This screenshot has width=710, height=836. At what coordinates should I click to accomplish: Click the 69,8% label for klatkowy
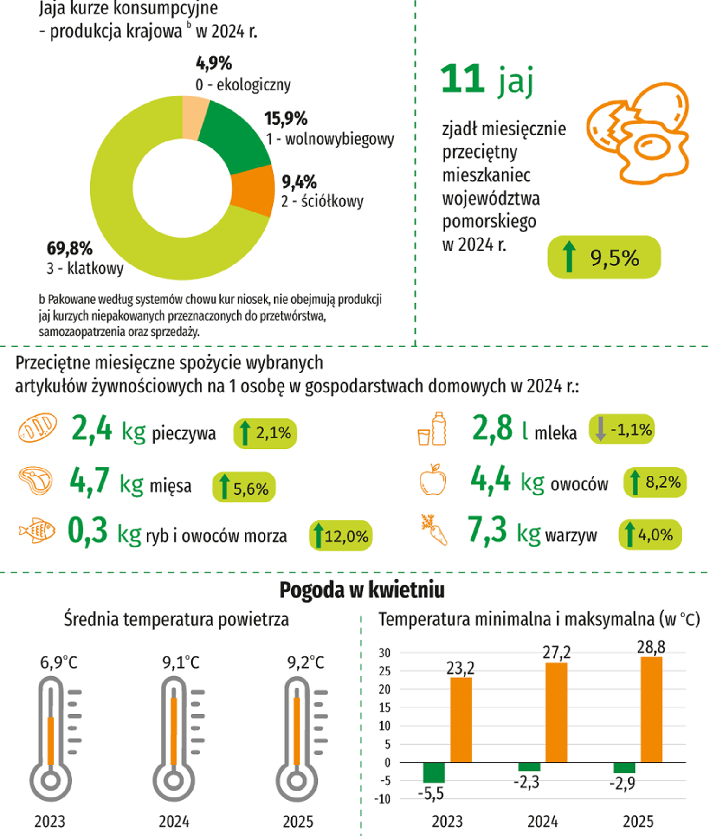tap(70, 249)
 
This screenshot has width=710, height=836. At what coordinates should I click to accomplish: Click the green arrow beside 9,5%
tap(569, 257)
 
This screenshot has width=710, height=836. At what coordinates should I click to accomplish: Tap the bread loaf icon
tap(37, 427)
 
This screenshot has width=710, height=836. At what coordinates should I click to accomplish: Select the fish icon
tap(37, 530)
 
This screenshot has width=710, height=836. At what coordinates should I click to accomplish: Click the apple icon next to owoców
tap(432, 480)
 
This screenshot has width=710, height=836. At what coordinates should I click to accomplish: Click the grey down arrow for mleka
tap(600, 429)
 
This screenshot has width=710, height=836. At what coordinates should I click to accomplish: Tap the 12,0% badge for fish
tap(341, 536)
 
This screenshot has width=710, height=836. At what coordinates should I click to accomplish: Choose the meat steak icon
tap(36, 481)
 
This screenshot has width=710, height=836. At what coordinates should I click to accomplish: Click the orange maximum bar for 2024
tap(556, 713)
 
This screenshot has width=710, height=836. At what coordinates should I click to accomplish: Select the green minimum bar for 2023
tap(433, 772)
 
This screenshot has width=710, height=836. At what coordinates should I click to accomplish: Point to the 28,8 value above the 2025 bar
tap(651, 647)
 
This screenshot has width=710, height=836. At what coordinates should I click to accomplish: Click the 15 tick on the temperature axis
tap(384, 707)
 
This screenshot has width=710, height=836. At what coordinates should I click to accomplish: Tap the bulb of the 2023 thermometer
tap(51, 780)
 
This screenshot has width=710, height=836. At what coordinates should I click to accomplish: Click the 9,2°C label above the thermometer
tap(305, 662)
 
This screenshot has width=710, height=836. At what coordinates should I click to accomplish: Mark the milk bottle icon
tap(439, 429)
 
